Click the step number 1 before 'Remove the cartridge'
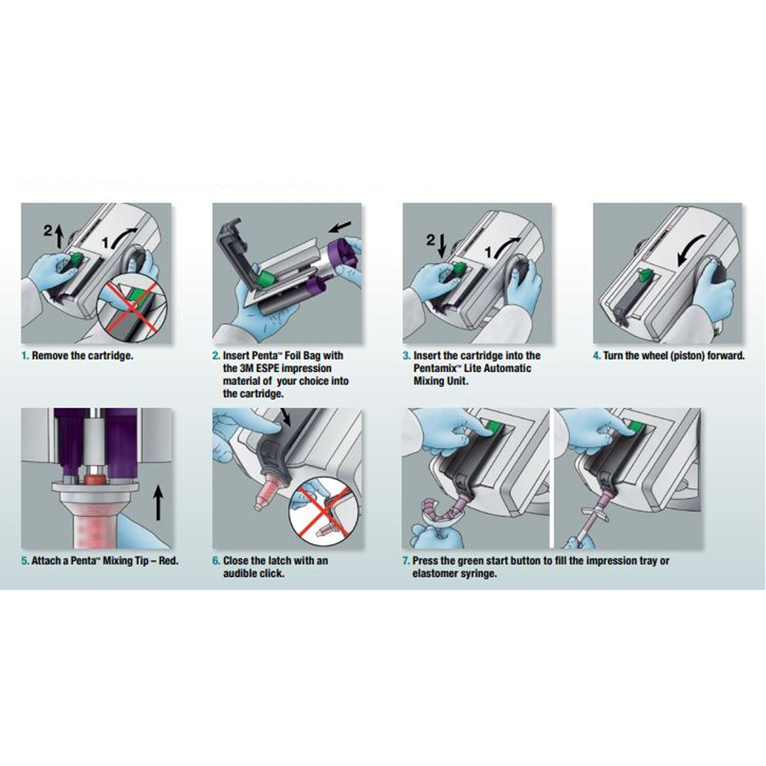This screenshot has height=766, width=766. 25,356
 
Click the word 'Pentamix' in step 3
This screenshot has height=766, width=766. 434,368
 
